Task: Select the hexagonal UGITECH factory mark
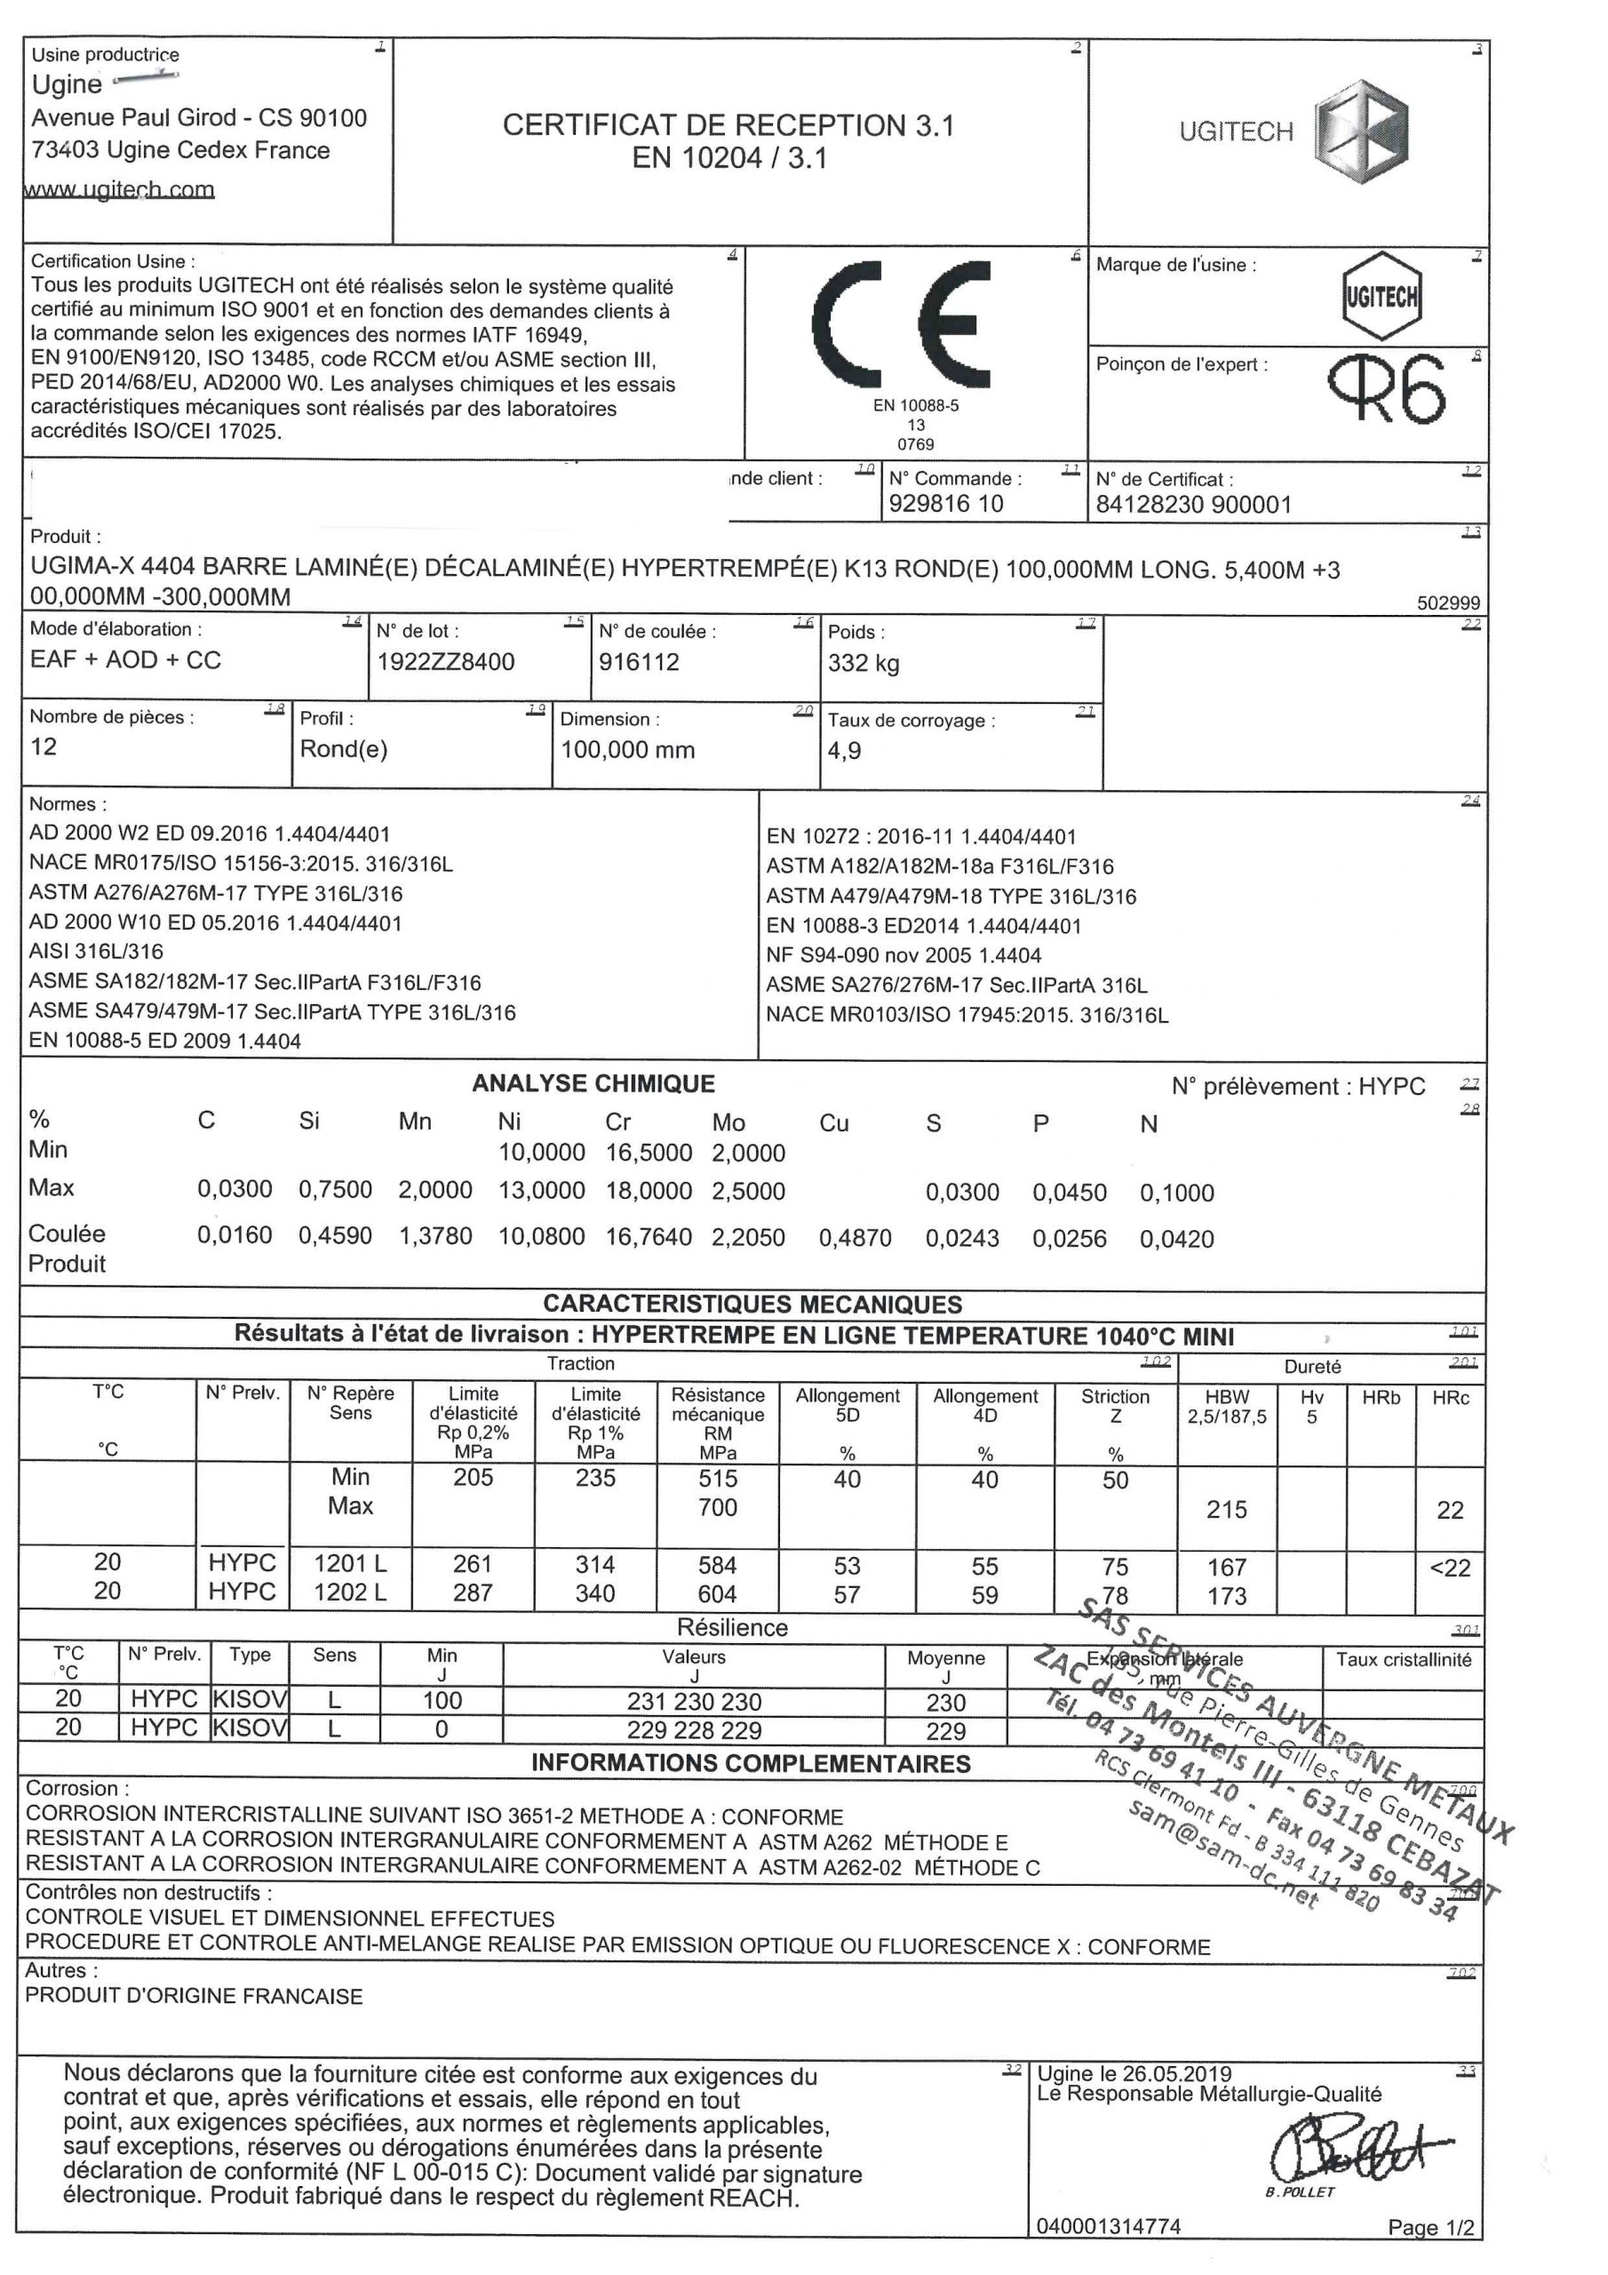[1381, 296]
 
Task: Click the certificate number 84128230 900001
[1193, 506]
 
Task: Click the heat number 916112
[639, 662]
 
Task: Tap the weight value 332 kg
[863, 663]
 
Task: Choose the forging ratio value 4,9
[844, 751]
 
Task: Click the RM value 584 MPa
[717, 1565]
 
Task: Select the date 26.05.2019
[1178, 2073]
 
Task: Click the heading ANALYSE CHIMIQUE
[593, 1083]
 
